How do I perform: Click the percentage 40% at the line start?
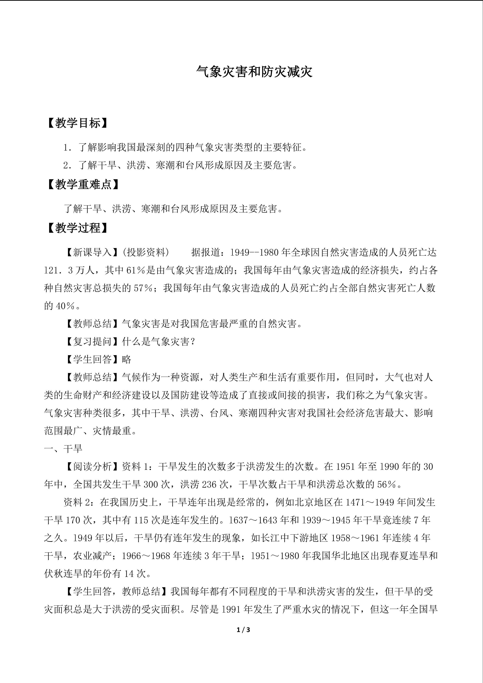click(65, 306)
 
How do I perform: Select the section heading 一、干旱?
click(63, 449)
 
